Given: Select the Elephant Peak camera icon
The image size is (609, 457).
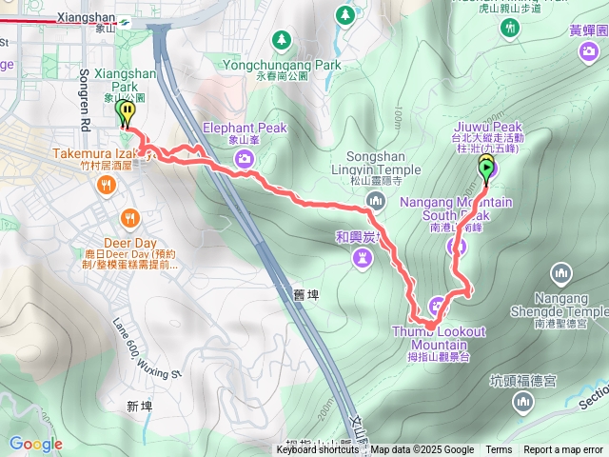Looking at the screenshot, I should pos(245,157).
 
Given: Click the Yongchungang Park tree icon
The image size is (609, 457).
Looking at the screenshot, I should pos(281,39).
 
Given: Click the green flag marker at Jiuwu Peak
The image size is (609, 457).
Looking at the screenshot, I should pos(486,169).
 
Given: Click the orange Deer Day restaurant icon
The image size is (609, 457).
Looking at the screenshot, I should pos(128,216).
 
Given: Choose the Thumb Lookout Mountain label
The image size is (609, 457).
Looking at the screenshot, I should pos(438,337).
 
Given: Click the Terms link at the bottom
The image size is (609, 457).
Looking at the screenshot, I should pos(499,450).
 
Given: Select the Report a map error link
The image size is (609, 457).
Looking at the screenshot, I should pos(564,450).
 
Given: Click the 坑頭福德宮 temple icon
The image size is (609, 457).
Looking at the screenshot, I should pos(522,403).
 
